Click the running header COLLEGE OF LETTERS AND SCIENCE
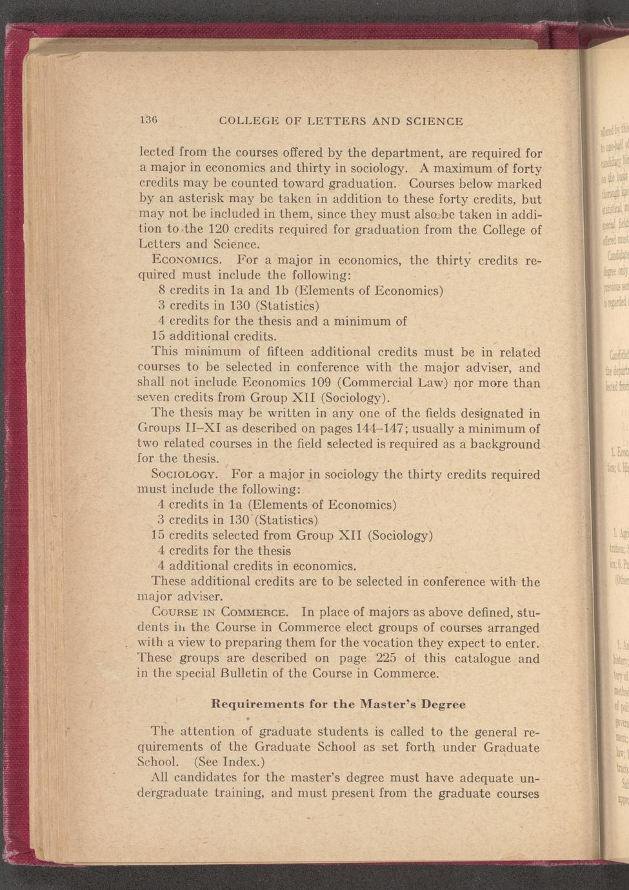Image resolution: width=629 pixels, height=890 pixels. (x=341, y=121)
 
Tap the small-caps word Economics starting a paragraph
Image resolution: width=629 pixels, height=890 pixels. (x=186, y=261)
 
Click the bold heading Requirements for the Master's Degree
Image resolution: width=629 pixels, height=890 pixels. (x=338, y=704)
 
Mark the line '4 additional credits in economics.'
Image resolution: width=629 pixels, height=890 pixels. (x=257, y=566)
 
